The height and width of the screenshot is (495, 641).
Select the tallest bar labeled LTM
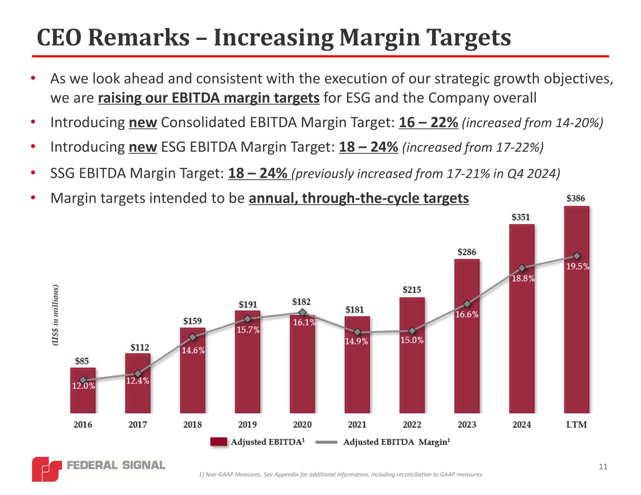tap(576, 328)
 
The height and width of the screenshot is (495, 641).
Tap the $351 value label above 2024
tap(521, 217)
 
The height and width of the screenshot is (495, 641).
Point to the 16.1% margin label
tap(304, 323)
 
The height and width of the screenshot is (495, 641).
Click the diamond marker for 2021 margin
tap(357, 332)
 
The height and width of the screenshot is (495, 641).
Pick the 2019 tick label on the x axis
tap(247, 425)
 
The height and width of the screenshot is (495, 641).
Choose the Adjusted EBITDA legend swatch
tap(218, 442)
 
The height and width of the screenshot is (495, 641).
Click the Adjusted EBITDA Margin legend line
tap(326, 442)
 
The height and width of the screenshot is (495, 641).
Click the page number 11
tap(603, 466)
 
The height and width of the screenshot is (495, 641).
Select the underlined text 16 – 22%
tap(428, 122)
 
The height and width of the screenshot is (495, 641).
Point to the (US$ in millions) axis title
tap(56, 315)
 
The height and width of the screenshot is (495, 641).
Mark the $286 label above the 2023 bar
tap(466, 252)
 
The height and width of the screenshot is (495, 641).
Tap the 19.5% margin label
tap(578, 267)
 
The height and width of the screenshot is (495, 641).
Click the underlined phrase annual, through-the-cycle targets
tap(359, 198)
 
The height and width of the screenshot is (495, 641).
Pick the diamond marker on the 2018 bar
tap(193, 337)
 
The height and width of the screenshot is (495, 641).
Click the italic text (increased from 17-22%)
tap(473, 147)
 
